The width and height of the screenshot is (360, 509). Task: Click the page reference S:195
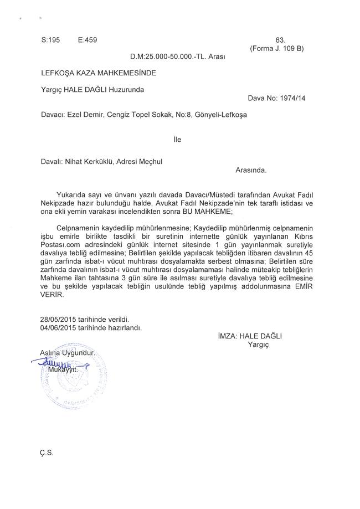50,40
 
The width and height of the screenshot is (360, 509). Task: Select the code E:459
88,40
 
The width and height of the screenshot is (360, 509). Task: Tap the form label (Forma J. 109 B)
277,48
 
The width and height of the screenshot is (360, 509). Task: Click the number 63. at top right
280,40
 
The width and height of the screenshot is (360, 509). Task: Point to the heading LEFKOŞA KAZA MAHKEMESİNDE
99,73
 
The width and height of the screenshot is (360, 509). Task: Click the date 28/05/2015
58,320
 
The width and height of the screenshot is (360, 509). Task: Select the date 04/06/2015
58,327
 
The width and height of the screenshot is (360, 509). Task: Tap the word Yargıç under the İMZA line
258,344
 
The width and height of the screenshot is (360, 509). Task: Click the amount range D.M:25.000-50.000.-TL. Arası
177,56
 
